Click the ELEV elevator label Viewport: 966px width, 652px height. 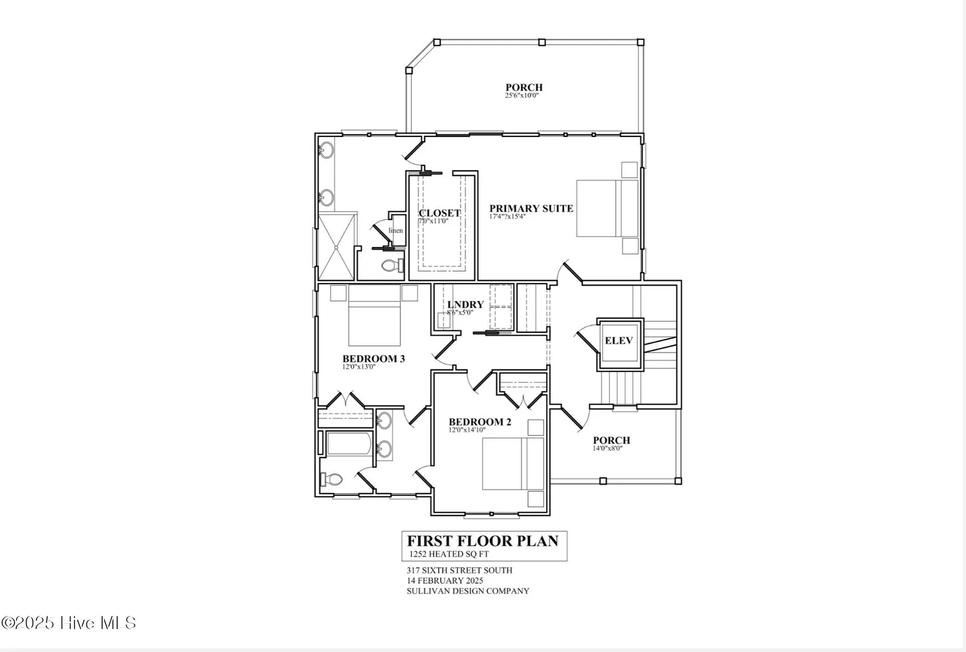coord(618,340)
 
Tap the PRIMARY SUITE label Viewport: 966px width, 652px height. coord(532,208)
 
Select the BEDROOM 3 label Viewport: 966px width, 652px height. coord(373,359)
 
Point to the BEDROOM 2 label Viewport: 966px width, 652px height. coord(480,421)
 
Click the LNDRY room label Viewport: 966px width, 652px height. coord(465,305)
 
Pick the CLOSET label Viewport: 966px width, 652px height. coord(439,213)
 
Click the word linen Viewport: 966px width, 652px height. coord(395,231)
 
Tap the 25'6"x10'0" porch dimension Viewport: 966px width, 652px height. coord(522,95)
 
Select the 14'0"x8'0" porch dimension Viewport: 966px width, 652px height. coord(607,449)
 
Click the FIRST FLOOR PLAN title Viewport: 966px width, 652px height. coord(483,541)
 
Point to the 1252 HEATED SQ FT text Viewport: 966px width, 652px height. coord(449,554)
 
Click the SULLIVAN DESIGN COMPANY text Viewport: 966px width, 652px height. coord(468,591)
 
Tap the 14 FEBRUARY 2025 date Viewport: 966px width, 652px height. coord(445,581)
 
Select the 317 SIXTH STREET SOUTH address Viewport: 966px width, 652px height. coord(459,570)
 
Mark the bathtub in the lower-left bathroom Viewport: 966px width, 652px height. coord(349,443)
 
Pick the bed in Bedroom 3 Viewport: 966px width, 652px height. coord(374,315)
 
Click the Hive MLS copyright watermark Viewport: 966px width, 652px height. coord(69,622)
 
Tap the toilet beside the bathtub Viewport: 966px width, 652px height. coord(331,479)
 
